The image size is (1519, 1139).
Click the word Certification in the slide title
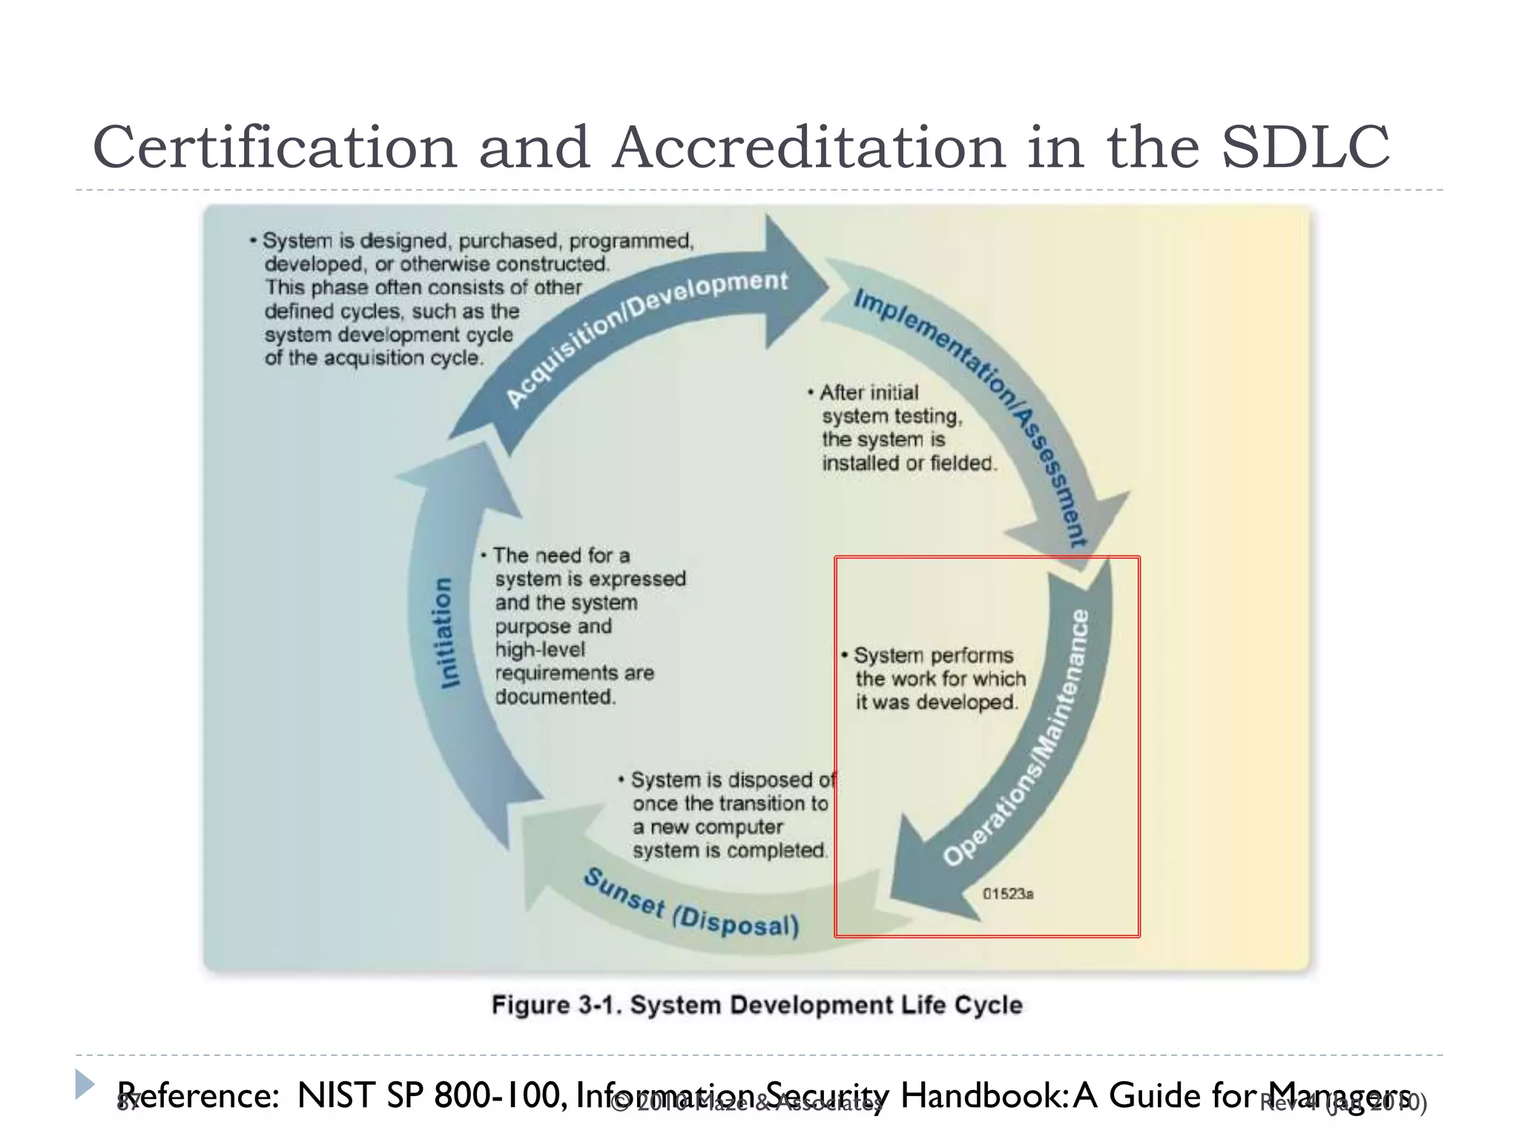274,147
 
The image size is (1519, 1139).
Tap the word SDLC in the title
1305,147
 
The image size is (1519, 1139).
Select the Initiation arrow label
444,633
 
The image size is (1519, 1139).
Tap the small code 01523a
1008,894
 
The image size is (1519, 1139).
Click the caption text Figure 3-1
556,1006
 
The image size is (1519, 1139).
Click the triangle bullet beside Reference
85,1085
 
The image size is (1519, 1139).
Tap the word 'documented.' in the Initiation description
555,697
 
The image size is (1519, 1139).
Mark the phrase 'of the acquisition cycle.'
374,358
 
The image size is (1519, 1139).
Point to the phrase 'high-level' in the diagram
540,650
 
